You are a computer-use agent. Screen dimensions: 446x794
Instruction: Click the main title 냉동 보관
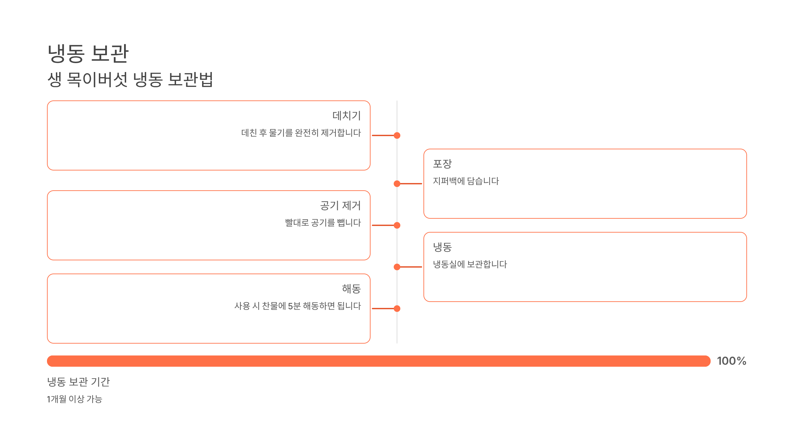[x=88, y=54]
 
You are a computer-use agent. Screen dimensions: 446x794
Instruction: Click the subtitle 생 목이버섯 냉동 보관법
[x=130, y=80]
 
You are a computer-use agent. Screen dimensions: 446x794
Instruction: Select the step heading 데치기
[x=346, y=116]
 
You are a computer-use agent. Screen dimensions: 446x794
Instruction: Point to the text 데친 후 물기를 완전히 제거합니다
[x=301, y=133]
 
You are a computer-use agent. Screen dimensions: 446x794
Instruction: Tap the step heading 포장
[x=442, y=164]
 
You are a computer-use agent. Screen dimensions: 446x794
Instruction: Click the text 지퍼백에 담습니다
[x=466, y=181]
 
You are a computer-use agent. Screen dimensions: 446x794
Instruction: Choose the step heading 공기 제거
[x=340, y=205]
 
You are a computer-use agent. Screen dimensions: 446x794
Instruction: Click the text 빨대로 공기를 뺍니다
[x=323, y=223]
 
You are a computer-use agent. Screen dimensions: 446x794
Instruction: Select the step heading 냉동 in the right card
[x=442, y=247]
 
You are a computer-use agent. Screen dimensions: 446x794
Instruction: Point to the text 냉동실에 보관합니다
[x=470, y=264]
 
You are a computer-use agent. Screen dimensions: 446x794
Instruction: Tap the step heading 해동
[x=351, y=289]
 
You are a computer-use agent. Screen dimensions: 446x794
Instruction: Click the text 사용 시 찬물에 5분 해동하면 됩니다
[x=298, y=306]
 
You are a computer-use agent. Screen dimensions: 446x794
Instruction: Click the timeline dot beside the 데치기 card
[x=397, y=135]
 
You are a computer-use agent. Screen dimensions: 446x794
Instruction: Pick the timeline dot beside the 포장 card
[x=397, y=184]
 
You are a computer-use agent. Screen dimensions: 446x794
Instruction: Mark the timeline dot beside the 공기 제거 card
[x=397, y=225]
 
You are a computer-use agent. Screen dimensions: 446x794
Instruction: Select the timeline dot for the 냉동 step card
[x=397, y=267]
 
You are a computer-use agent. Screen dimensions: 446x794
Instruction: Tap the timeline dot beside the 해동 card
[x=397, y=309]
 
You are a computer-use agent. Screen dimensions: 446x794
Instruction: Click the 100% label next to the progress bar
[x=731, y=361]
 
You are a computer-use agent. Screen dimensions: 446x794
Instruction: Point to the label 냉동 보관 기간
[x=78, y=382]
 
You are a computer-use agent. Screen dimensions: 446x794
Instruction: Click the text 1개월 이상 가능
[x=74, y=399]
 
